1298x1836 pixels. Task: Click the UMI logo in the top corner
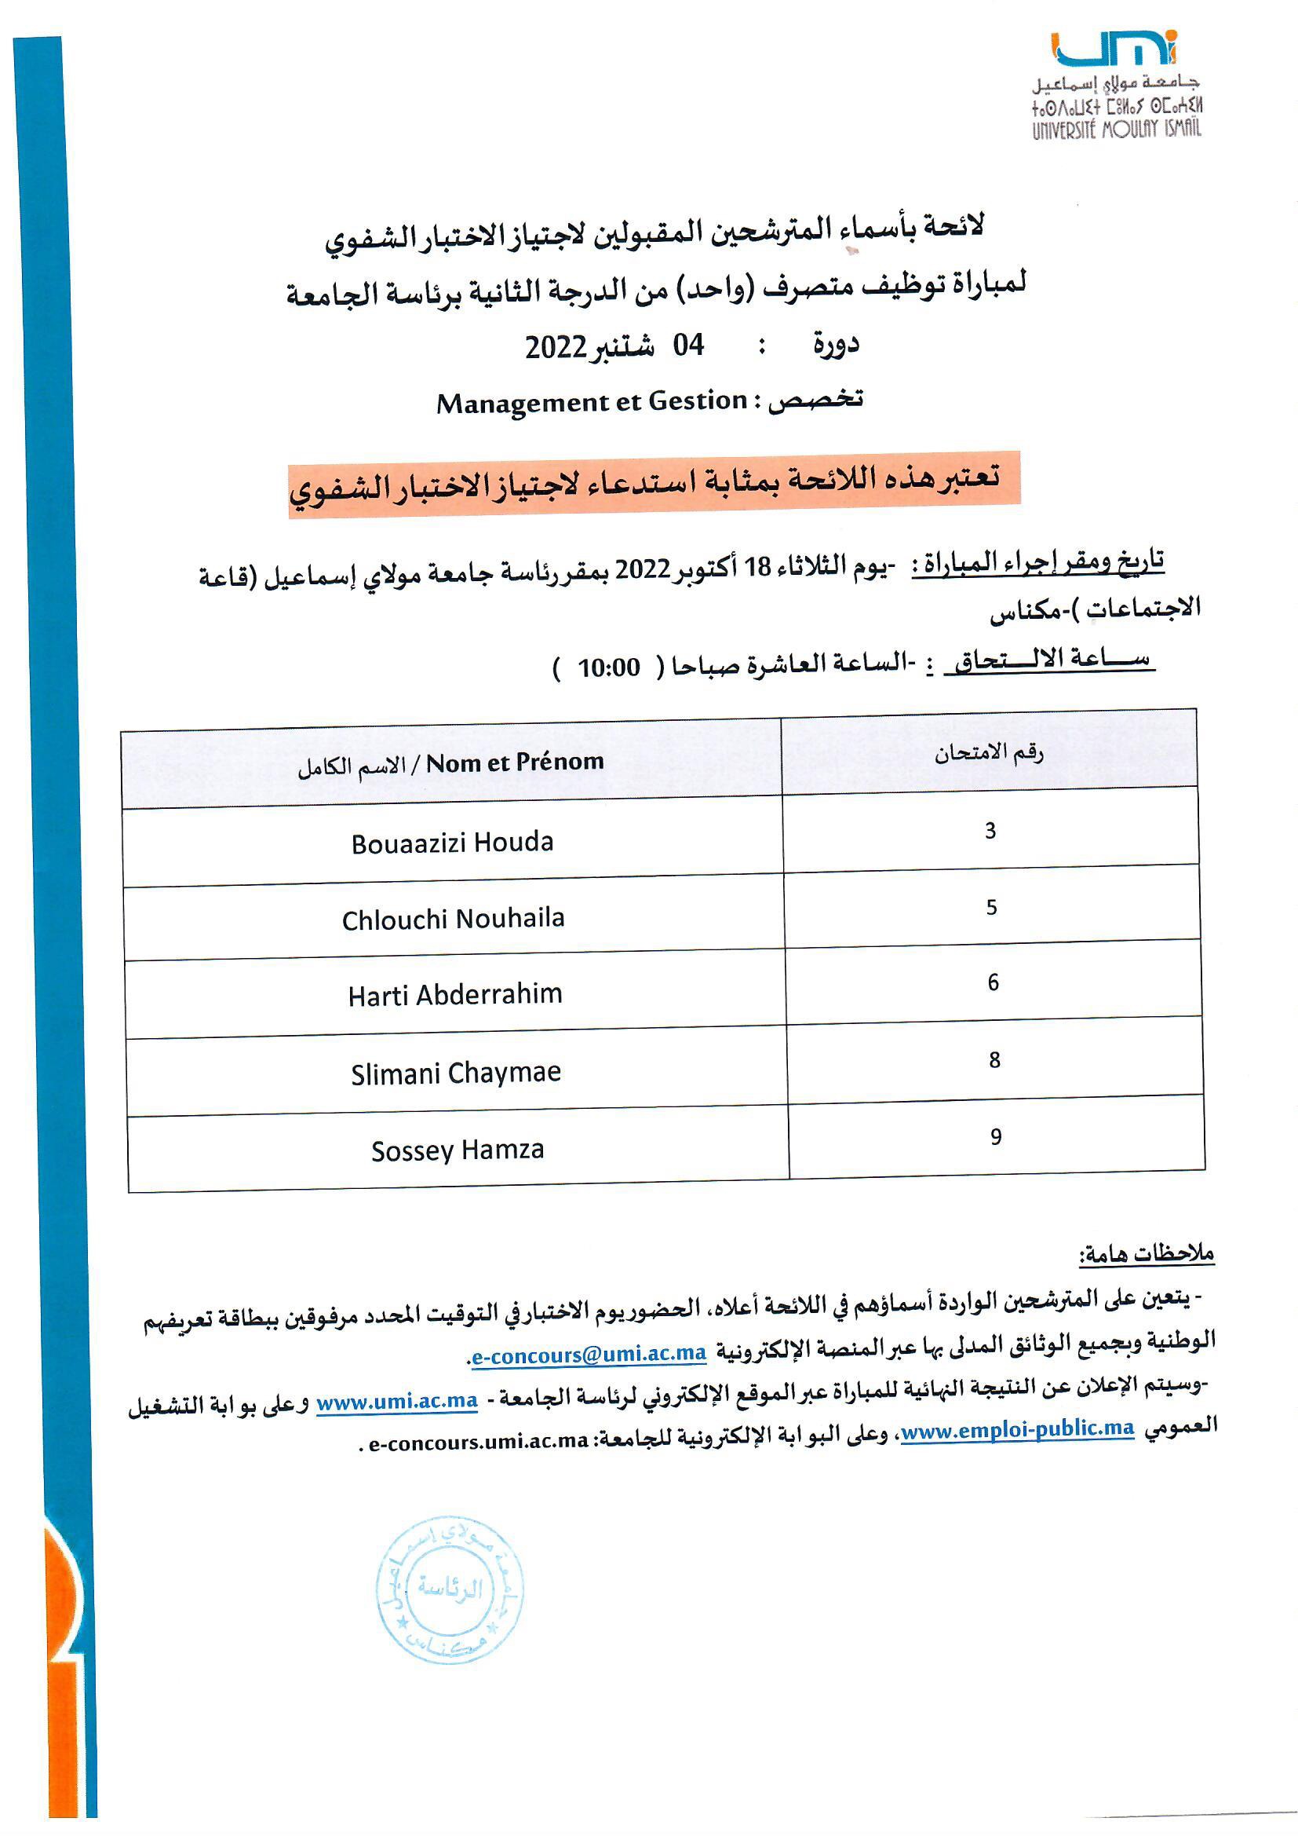point(1114,49)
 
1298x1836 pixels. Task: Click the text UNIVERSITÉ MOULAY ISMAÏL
point(1116,129)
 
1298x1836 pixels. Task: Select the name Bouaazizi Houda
point(452,843)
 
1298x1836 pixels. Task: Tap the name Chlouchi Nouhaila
point(453,919)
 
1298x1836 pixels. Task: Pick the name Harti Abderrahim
point(455,995)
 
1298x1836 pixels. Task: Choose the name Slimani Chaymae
point(456,1073)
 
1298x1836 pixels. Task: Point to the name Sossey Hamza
point(458,1150)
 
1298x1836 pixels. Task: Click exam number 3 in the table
point(990,831)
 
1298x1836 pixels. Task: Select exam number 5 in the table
point(991,907)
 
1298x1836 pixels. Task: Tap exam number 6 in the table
point(993,982)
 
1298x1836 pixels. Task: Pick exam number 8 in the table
point(994,1059)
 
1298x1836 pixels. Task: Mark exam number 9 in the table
point(995,1136)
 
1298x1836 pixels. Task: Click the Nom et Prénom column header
point(515,762)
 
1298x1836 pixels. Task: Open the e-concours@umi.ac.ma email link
point(589,1354)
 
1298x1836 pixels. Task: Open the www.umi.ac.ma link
point(397,1401)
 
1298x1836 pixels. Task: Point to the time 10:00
point(608,667)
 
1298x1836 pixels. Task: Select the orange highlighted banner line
point(654,485)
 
